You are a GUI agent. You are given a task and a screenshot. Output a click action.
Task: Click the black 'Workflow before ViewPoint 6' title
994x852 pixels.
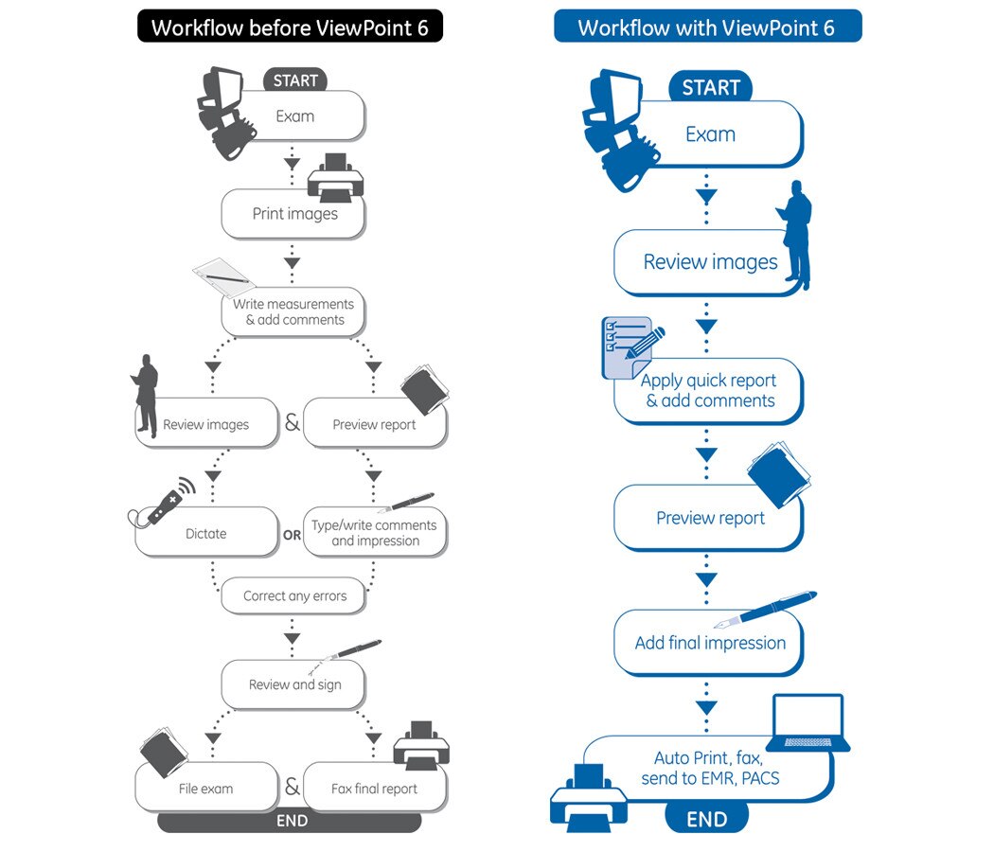tap(290, 27)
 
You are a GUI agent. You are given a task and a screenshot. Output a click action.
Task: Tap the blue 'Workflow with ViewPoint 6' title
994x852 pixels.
tap(707, 27)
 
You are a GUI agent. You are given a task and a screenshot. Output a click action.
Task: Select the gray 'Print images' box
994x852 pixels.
tap(294, 214)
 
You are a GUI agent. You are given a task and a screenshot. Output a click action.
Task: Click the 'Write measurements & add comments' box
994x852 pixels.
tap(293, 311)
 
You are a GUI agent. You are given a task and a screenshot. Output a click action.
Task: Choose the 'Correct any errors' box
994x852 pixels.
tap(294, 596)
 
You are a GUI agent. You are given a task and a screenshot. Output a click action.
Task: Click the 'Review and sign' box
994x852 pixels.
tap(294, 684)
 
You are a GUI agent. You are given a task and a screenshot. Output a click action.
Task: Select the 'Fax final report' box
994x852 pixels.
tap(374, 789)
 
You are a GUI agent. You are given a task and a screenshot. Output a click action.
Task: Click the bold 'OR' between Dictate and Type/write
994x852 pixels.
tap(292, 535)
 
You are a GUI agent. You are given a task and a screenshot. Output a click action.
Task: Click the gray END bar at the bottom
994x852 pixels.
tap(290, 821)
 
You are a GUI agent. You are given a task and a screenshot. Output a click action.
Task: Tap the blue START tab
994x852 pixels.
tap(710, 87)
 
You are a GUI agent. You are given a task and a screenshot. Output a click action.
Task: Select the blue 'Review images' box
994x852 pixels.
tap(710, 262)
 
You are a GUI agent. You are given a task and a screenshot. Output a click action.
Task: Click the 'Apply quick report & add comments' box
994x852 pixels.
tap(708, 391)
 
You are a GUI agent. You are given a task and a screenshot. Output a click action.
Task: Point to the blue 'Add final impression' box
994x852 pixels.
tap(710, 643)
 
